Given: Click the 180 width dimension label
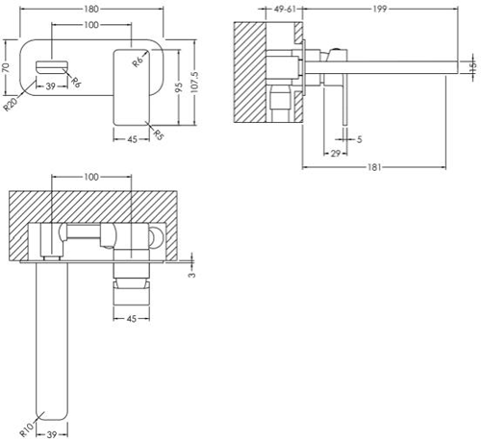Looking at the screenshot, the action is (x=91, y=9).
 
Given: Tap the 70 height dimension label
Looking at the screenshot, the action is (x=6, y=67).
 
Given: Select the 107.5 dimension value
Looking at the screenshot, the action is (x=194, y=82).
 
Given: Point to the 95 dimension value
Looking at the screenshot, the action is (x=179, y=87).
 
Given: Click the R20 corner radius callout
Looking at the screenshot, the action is (x=11, y=105).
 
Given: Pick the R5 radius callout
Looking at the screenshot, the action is (x=158, y=134).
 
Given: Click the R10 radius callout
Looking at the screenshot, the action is (x=27, y=429).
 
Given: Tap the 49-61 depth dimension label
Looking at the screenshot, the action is (x=285, y=9).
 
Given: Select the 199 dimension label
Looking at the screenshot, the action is (x=380, y=9).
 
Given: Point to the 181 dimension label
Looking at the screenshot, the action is (x=374, y=167).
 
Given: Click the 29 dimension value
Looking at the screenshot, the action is (x=336, y=154).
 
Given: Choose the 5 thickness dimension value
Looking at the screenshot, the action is (x=359, y=139).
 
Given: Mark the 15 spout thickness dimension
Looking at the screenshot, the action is (x=473, y=67).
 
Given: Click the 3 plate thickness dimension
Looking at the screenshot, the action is (x=191, y=275).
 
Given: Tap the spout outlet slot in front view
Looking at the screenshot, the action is (x=52, y=68).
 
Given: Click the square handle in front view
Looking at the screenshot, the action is (x=132, y=87).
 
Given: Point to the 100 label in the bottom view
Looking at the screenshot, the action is (x=91, y=177).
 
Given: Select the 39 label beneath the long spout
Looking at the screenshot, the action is (x=51, y=434).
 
